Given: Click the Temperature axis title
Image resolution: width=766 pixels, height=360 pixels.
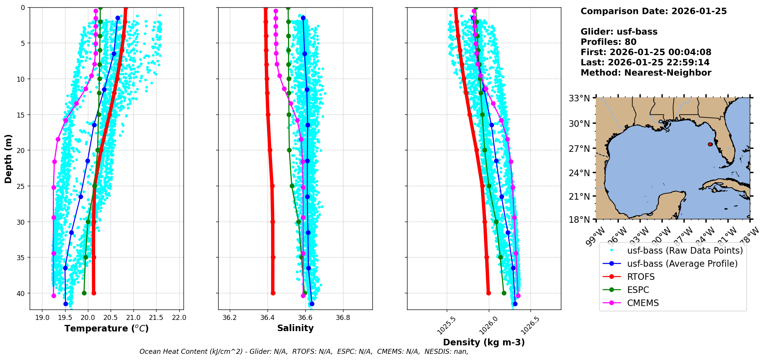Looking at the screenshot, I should (106, 328).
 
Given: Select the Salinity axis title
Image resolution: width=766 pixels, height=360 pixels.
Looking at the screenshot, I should (295, 328).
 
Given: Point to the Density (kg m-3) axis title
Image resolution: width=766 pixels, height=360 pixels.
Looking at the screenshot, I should (484, 342).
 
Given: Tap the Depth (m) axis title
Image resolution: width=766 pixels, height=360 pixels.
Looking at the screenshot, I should (8, 158).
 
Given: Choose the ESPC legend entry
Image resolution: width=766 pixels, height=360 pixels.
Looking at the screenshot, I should (638, 290).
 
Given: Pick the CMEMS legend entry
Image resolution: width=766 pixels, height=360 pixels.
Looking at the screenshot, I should (643, 303).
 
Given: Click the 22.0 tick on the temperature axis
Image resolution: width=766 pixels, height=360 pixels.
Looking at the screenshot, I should (179, 318).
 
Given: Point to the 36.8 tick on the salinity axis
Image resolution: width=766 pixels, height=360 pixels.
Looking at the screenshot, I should (343, 318).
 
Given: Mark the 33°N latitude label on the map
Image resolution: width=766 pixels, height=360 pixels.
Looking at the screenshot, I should (579, 98).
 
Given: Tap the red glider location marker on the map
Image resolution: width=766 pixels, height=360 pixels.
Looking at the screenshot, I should (710, 144).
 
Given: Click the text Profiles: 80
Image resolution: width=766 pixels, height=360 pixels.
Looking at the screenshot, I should (608, 42).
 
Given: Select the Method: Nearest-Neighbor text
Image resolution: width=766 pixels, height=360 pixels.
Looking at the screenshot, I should (646, 73).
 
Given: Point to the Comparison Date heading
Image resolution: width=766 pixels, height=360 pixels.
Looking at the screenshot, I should (653, 11).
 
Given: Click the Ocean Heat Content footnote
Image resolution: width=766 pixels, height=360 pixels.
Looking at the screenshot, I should (304, 352).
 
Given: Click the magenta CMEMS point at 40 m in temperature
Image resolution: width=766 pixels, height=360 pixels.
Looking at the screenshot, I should (54, 296).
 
